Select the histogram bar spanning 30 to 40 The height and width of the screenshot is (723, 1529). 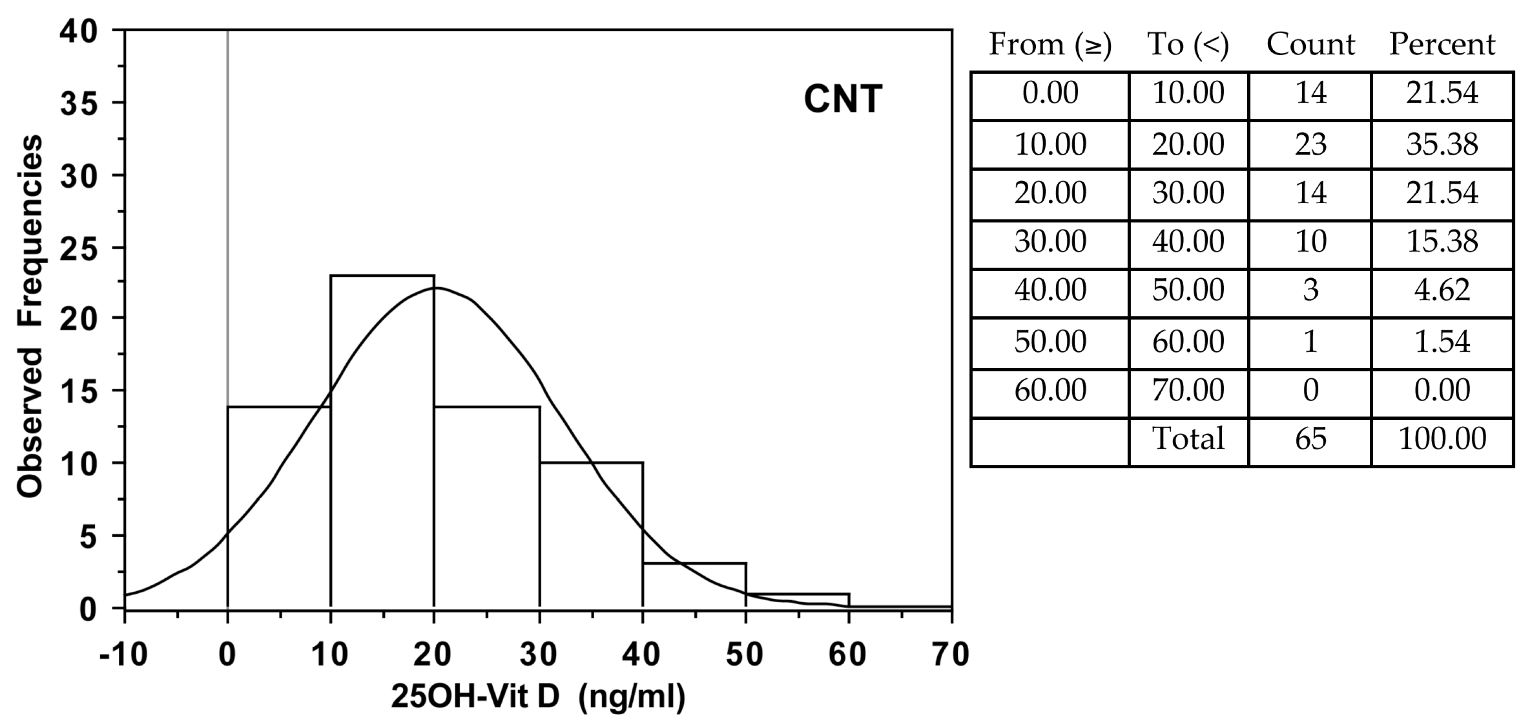591,534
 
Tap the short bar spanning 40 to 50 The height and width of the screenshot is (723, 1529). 694,586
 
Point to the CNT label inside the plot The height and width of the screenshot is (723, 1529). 842,99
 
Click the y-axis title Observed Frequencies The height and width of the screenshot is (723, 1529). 30,316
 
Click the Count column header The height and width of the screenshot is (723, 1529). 1311,45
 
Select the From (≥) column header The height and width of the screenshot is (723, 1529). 1050,45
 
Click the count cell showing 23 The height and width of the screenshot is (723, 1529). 1311,144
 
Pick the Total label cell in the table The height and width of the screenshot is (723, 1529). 1188,439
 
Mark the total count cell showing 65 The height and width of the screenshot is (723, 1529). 1311,439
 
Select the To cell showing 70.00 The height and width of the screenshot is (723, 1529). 1188,390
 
